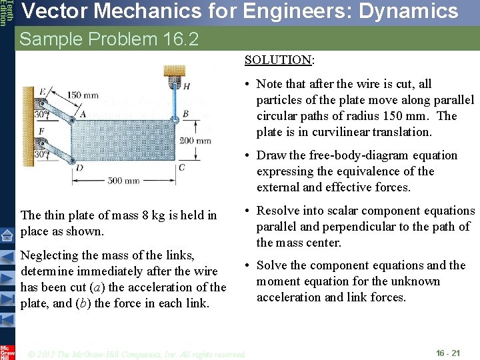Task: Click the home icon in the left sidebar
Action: [7, 235]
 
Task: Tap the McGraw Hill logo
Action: [7, 352]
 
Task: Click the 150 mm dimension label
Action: [83, 95]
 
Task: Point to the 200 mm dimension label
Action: [195, 140]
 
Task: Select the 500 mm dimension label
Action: [124, 180]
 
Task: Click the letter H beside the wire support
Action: [186, 87]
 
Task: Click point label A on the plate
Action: [83, 114]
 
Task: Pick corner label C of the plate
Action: [182, 167]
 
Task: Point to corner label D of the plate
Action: [79, 167]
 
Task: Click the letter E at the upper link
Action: [43, 91]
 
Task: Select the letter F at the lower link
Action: [43, 131]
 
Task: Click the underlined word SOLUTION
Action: [278, 60]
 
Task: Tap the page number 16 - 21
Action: [447, 353]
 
